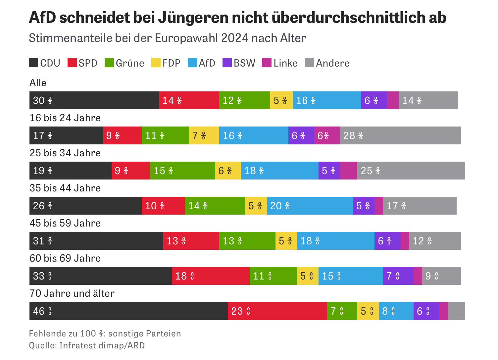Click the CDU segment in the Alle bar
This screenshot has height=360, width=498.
point(94,100)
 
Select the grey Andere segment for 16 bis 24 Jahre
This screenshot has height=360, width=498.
point(400,135)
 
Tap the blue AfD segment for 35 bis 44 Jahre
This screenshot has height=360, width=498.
point(310,206)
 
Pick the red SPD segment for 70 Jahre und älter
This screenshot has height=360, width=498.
point(277,311)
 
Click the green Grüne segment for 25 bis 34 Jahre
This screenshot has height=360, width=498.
point(182,171)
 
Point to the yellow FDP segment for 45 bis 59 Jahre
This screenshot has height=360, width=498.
point(286,241)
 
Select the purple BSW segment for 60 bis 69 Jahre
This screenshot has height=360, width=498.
point(398,276)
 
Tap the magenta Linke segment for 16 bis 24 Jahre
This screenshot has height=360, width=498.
point(327,135)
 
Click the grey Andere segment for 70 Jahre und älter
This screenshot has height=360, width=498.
point(456,311)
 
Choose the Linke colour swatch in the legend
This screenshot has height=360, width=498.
point(267,63)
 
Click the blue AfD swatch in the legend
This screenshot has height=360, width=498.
point(192,63)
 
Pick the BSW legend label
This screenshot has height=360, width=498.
point(244,63)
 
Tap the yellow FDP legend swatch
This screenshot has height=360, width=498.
point(156,63)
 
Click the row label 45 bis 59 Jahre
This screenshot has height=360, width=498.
point(65,223)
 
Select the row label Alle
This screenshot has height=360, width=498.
point(38,83)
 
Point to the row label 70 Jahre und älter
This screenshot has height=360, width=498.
point(72,293)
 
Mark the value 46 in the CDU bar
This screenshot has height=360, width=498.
point(39,311)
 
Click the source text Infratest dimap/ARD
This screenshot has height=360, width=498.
point(102,345)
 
